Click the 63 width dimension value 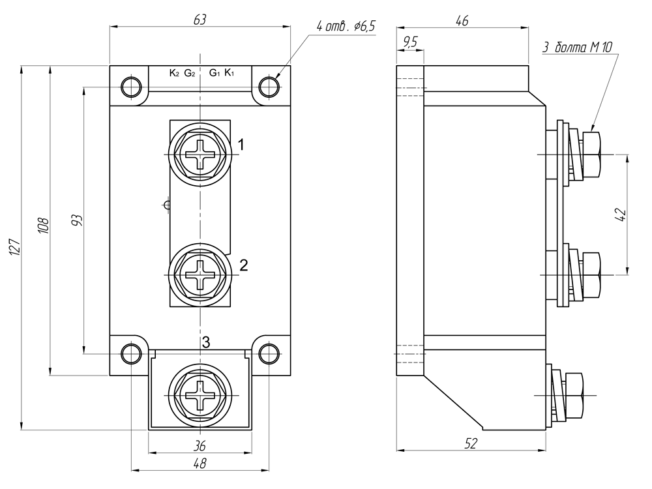coord(200,20)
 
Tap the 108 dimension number coord(44,226)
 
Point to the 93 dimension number coord(77,220)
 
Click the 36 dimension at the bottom coord(200,446)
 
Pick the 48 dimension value coord(200,463)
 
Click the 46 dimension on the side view coord(462,20)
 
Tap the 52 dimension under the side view coord(470,443)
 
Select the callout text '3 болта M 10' coord(578,48)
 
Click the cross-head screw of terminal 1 coord(200,155)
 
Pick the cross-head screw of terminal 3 coord(200,396)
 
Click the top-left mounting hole coord(131,86)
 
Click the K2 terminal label coord(174,73)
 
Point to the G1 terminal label coord(215,73)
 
